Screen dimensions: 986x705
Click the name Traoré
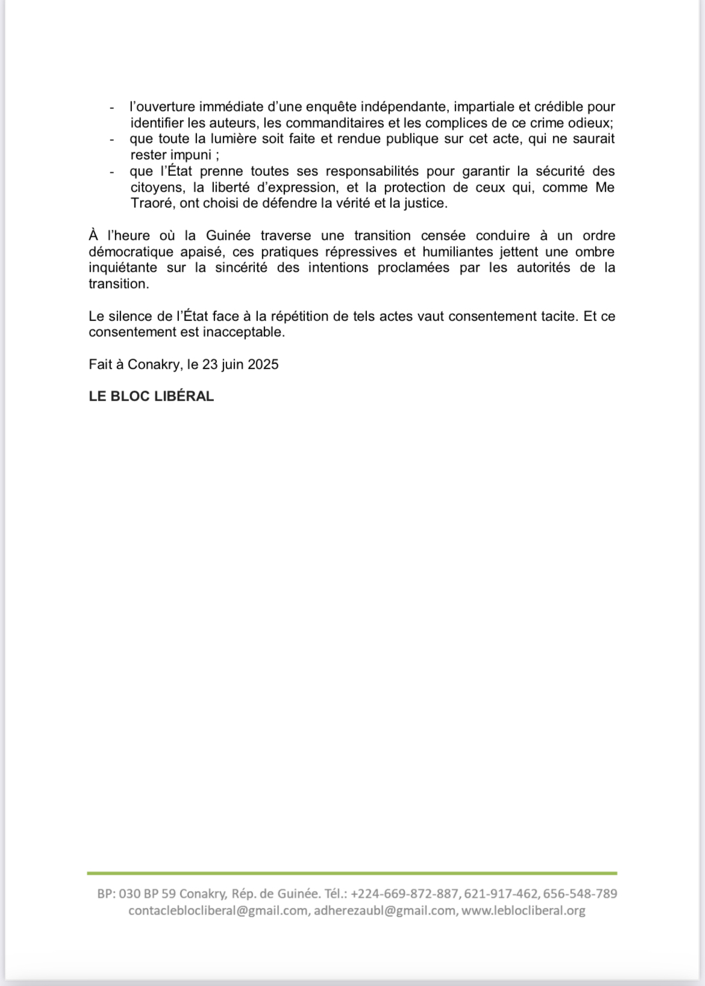[152, 203]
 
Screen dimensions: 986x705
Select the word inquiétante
[123, 267]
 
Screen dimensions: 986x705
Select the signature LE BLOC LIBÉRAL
[151, 396]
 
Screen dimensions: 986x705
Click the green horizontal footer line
[352, 873]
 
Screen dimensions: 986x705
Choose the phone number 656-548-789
[580, 894]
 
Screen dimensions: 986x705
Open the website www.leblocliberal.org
[523, 911]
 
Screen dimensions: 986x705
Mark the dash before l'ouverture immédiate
[112, 108]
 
